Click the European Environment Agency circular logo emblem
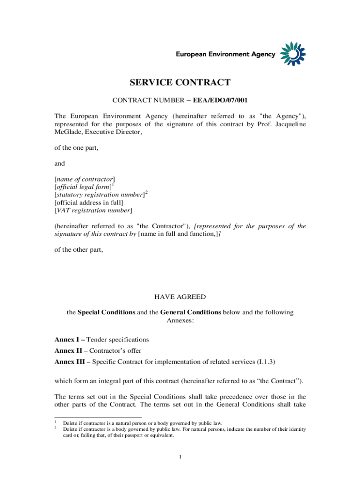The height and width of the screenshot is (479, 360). [x=293, y=53]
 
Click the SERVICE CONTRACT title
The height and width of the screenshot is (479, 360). [x=180, y=83]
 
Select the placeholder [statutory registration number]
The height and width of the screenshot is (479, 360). [x=99, y=195]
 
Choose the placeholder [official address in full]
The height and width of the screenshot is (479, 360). [x=89, y=203]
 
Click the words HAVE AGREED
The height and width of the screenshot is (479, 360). [x=180, y=297]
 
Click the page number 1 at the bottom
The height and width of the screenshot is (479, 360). [x=180, y=457]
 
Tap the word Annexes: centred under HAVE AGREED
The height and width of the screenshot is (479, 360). [x=180, y=320]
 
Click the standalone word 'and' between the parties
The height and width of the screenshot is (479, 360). [x=60, y=164]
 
